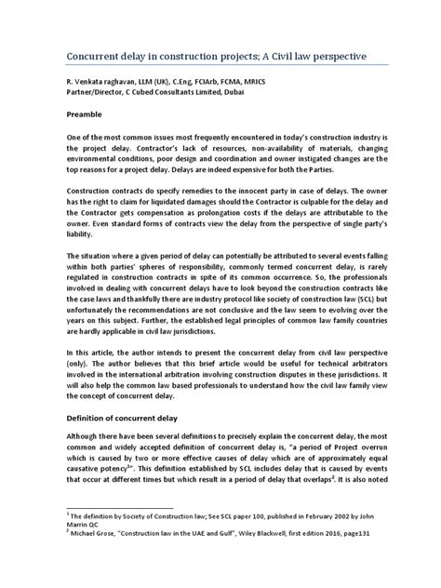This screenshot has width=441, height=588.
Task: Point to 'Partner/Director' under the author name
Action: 94,94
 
